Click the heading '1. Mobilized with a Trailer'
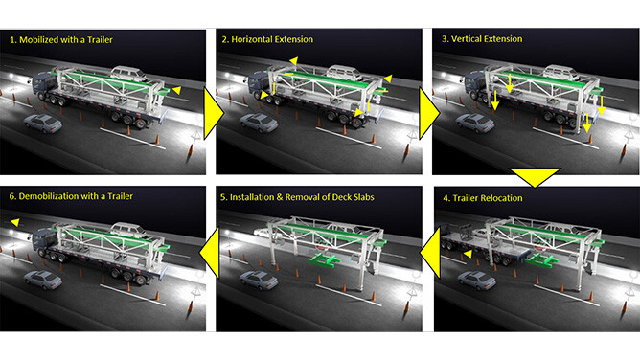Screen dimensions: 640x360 point(61,40)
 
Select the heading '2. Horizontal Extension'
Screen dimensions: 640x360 point(267,39)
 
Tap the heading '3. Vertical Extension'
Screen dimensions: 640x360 point(482,39)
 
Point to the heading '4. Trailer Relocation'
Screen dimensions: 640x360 point(483,198)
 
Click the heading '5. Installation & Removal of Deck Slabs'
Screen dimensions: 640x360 point(297,197)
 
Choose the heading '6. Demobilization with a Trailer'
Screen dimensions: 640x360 point(71,196)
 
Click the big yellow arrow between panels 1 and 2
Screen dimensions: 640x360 point(213,113)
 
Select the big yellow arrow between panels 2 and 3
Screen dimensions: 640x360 point(428,113)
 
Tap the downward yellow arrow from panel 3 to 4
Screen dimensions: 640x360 point(535,176)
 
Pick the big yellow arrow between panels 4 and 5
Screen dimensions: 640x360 point(431,253)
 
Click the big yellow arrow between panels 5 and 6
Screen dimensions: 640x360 point(210,253)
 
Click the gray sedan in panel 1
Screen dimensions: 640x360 point(43,124)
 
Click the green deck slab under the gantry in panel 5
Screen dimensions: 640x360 point(324,259)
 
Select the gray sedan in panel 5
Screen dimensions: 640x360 point(259,281)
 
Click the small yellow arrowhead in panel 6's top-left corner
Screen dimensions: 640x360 point(15,222)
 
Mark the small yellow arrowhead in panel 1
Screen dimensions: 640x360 point(177,90)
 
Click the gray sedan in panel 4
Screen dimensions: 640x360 point(477,281)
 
